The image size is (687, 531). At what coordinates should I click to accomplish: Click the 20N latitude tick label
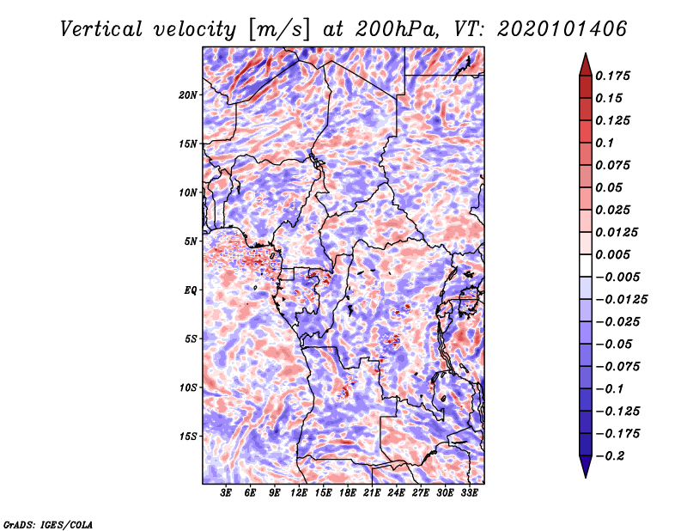click(188, 95)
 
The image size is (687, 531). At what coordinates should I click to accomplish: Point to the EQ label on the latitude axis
click(191, 290)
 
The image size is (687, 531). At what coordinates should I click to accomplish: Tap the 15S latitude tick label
click(188, 436)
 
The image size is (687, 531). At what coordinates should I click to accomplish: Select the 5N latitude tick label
click(191, 241)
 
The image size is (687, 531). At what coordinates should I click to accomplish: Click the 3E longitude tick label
click(227, 494)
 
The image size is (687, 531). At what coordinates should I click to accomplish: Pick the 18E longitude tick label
click(348, 494)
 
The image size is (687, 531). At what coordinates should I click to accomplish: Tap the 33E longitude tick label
click(469, 494)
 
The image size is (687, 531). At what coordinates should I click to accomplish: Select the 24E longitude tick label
click(396, 494)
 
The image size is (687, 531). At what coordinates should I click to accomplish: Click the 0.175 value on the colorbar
click(615, 76)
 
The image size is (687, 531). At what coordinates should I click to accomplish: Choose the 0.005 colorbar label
click(615, 254)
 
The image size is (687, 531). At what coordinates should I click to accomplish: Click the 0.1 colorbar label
click(606, 143)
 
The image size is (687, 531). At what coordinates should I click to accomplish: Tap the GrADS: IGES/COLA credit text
click(47, 523)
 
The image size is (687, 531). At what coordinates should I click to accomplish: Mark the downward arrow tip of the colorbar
click(585, 474)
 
